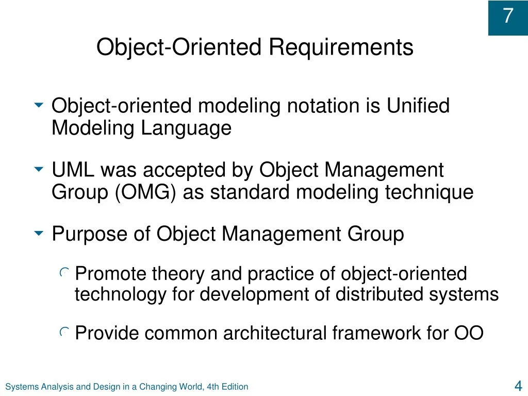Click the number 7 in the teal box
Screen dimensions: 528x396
coord(508,15)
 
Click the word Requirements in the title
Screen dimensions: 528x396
coord(341,47)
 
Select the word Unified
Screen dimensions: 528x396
coord(418,105)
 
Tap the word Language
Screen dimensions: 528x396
coord(186,128)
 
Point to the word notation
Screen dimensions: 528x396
coord(323,106)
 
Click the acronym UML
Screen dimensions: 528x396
coord(73,169)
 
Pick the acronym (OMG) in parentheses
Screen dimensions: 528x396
coord(145,192)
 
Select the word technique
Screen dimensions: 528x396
coord(430,192)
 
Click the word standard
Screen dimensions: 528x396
coord(250,192)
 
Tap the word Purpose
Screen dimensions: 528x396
coord(90,235)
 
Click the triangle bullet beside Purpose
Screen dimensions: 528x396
coord(39,233)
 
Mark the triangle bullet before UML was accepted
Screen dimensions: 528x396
coord(39,169)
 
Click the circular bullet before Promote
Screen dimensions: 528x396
coord(64,272)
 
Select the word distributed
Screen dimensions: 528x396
coord(379,294)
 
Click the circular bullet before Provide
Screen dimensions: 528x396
coord(64,332)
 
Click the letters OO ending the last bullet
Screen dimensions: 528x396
coord(469,333)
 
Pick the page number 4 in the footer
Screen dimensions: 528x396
coord(518,386)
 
